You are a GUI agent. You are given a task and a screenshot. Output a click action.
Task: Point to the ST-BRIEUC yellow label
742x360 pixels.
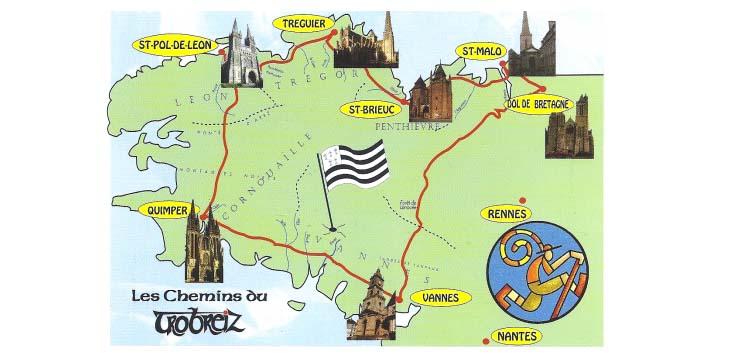click(370, 108)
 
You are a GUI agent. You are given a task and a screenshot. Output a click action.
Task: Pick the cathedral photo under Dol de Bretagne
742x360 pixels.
click(568, 133)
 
